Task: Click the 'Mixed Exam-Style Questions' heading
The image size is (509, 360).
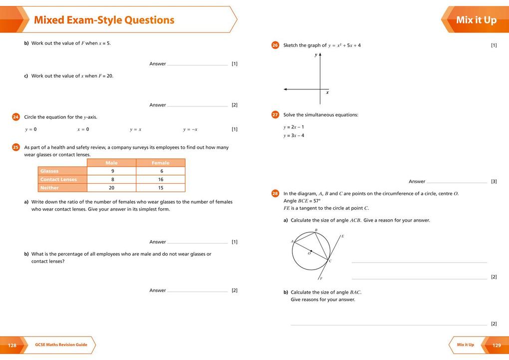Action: click(104, 20)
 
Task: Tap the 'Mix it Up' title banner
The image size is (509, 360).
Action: click(476, 20)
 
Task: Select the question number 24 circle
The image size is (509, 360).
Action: click(16, 117)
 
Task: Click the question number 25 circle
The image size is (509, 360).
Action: click(16, 147)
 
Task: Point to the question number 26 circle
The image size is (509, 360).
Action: click(275, 45)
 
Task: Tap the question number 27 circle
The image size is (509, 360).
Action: click(275, 115)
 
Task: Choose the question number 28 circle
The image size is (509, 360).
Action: click(275, 193)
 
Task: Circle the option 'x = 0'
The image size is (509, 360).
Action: click(83, 129)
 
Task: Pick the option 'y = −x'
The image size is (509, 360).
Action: click(190, 129)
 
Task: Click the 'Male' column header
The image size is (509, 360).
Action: click(112, 163)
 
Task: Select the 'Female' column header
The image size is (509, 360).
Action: click(161, 163)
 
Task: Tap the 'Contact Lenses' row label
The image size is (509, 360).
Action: click(59, 179)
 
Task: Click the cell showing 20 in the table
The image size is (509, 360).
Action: click(112, 188)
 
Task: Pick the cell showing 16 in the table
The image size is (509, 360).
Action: click(161, 179)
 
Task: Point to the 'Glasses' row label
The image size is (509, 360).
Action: click(50, 171)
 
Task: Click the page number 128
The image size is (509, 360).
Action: click(12, 345)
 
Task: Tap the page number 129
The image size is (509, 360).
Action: click(497, 345)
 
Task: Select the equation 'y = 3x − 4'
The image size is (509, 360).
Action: click(294, 135)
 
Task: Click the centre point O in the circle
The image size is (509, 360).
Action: click(311, 251)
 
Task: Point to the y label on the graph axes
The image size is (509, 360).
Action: click(315, 55)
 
